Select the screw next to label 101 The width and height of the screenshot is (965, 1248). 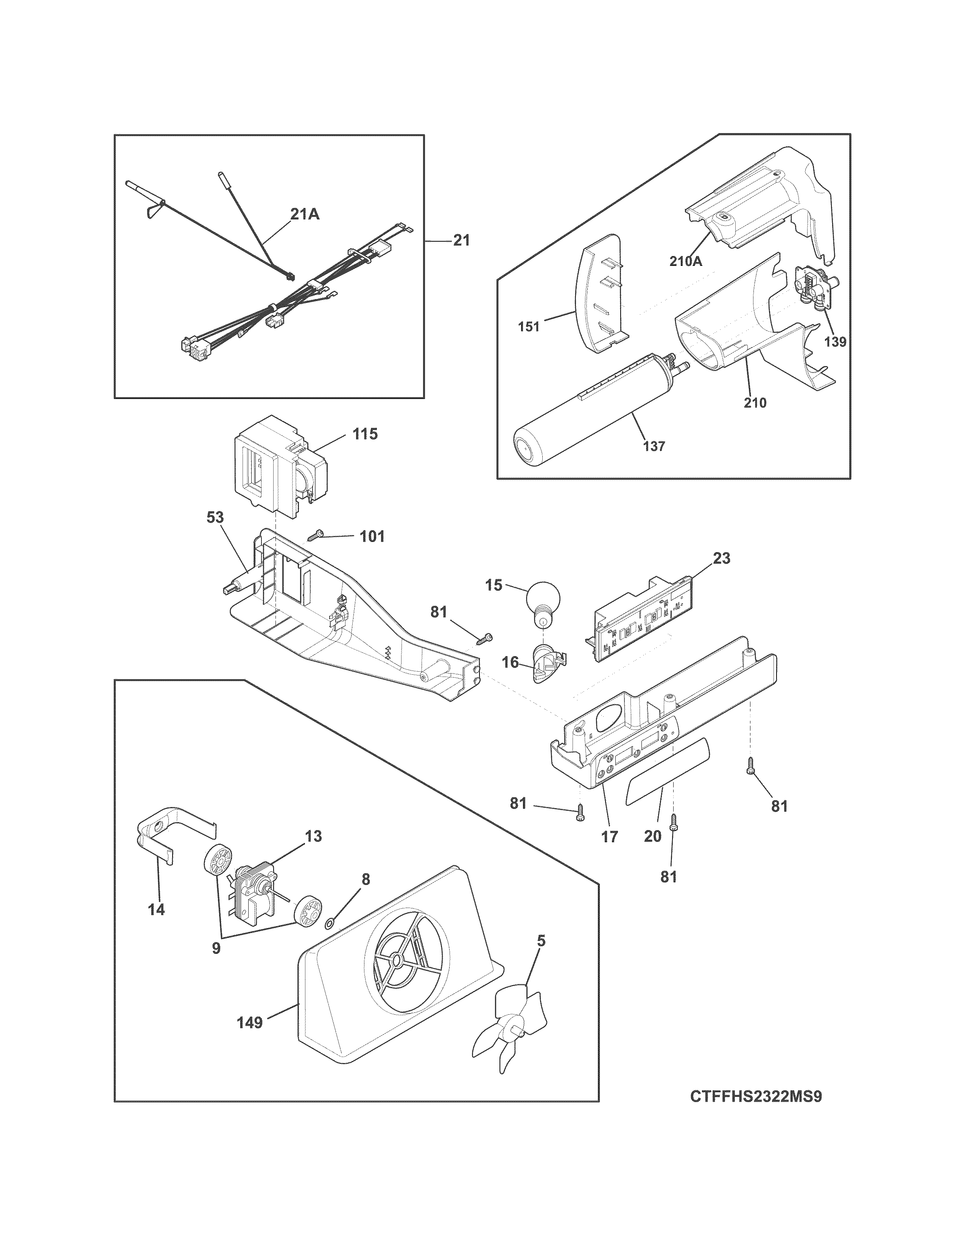[316, 536]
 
